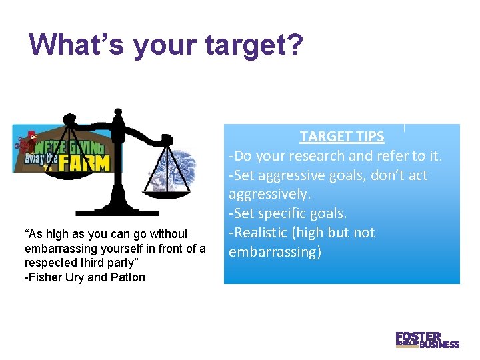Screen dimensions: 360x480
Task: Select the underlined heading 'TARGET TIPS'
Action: tap(341, 137)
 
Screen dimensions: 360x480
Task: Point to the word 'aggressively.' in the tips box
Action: tap(269, 194)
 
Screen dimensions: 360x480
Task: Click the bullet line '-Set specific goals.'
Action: tap(287, 213)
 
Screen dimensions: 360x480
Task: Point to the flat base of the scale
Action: tap(117, 213)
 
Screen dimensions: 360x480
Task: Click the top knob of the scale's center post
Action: tap(118, 111)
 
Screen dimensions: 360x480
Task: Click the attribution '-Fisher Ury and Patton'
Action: tap(85, 277)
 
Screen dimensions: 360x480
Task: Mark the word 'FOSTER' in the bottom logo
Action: tap(418, 337)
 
